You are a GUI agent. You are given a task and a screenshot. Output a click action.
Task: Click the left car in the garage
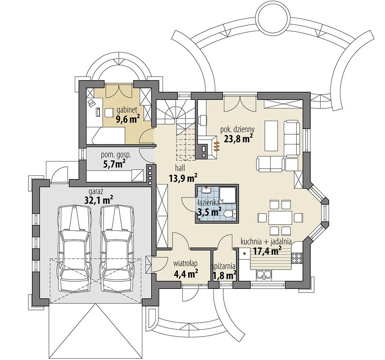point(74,249)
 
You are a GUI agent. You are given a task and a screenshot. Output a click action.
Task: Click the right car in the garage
point(118,249)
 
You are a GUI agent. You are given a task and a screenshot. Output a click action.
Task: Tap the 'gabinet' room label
point(126,109)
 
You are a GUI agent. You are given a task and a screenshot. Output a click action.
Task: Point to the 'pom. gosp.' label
point(116,155)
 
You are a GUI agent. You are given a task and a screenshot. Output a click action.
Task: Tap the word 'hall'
point(180,168)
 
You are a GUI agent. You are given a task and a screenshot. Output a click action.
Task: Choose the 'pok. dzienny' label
point(238,129)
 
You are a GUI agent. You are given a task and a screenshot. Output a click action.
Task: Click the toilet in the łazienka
point(230,214)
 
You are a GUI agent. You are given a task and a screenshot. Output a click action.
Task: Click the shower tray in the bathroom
point(228,195)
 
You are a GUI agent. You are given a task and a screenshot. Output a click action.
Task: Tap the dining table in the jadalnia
point(280,217)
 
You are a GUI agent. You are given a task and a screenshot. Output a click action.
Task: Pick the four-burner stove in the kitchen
point(297,258)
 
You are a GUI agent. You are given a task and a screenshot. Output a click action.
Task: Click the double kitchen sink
point(264,275)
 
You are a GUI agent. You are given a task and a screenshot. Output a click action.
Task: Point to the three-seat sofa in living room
point(292,139)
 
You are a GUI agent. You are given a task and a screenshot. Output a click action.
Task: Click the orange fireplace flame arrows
point(216,145)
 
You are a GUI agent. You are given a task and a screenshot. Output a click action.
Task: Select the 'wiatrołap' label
point(186,264)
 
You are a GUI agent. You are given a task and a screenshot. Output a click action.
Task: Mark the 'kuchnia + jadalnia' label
point(266,242)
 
